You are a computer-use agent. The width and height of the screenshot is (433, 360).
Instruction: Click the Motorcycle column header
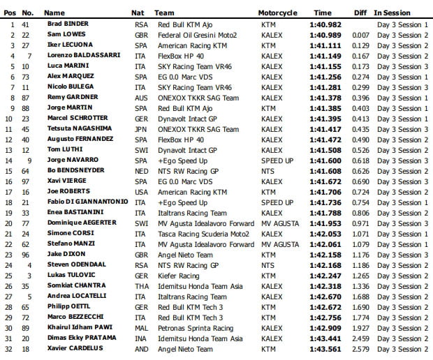(277, 13)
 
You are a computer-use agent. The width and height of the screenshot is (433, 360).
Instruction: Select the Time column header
(323, 13)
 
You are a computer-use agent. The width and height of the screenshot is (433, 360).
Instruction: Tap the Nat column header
(138, 13)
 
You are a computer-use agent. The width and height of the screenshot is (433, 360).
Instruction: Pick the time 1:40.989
(325, 34)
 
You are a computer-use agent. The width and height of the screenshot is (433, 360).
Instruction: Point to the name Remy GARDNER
(68, 97)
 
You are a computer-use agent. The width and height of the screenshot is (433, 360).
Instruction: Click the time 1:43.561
(325, 349)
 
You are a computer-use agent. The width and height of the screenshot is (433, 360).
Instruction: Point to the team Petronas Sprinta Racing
(194, 328)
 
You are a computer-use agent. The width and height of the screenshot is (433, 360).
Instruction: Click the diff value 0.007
(361, 34)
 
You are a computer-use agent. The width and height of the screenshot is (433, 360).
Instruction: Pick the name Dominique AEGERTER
(76, 223)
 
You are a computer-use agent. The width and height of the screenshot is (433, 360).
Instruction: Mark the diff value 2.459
(361, 338)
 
